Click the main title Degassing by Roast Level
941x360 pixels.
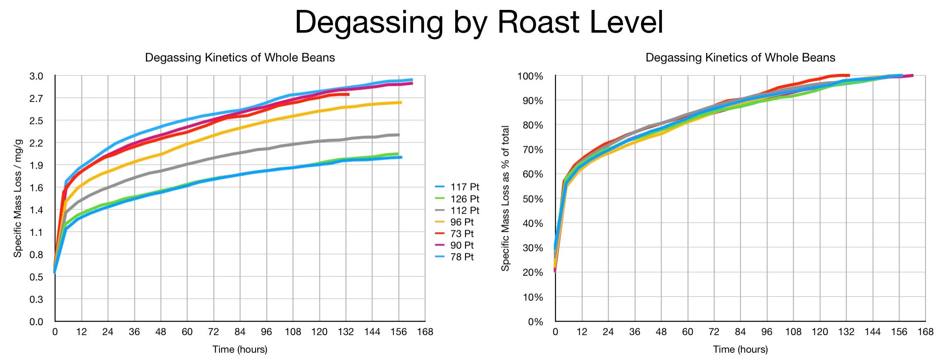pyautogui.click(x=478, y=22)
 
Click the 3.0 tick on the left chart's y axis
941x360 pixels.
pyautogui.click(x=37, y=76)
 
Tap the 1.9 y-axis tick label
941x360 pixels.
pyautogui.click(x=37, y=165)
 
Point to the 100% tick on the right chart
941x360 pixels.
pyautogui.click(x=531, y=76)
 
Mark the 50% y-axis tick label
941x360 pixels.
pyautogui.click(x=533, y=199)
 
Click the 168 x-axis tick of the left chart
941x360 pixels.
pyautogui.click(x=425, y=332)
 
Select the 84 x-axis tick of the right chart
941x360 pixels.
pyautogui.click(x=740, y=332)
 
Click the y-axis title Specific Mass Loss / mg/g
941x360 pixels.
pyautogui.click(x=18, y=199)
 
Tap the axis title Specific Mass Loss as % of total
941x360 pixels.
pyautogui.click(x=505, y=199)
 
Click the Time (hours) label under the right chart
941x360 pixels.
pyautogui.click(x=740, y=349)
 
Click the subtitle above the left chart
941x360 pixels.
pyautogui.click(x=240, y=58)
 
